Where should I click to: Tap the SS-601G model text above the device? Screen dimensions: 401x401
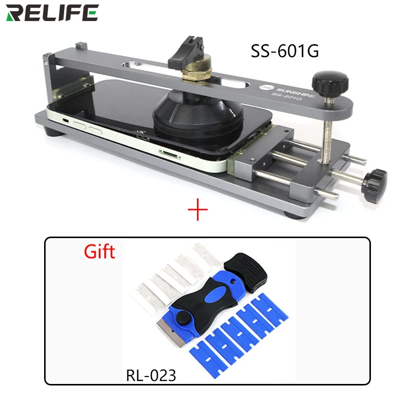click(284, 51)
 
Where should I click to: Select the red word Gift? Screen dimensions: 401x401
click(99, 251)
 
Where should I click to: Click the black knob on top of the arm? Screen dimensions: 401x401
click(325, 81)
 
